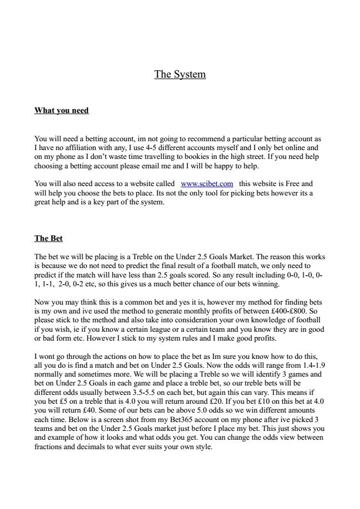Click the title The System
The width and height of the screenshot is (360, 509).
point(180,74)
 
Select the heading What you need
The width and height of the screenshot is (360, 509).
point(61,110)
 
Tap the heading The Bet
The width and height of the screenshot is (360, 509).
point(49,238)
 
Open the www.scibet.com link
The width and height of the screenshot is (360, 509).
point(207,183)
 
